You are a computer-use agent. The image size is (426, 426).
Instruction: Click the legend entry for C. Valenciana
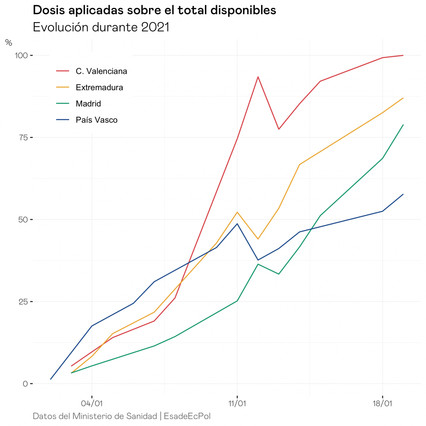[101, 71]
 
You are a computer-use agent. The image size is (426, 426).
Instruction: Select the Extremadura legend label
[99, 88]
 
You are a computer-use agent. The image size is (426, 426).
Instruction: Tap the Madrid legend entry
[88, 104]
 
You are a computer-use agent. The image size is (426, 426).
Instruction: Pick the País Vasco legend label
[97, 120]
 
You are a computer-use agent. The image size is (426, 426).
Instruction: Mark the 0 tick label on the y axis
[25, 383]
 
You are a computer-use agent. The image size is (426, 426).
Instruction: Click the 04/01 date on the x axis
[92, 404]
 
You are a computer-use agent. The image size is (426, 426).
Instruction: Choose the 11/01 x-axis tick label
[237, 404]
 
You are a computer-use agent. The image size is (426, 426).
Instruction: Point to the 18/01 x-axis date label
[383, 404]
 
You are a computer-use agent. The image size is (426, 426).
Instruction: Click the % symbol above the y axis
[9, 43]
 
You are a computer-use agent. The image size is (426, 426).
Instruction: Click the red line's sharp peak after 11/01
[258, 77]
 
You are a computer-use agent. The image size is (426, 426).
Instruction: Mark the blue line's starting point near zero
[51, 379]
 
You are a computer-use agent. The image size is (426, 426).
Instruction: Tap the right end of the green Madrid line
[403, 125]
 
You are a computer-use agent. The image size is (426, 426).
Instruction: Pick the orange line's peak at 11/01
[237, 212]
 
